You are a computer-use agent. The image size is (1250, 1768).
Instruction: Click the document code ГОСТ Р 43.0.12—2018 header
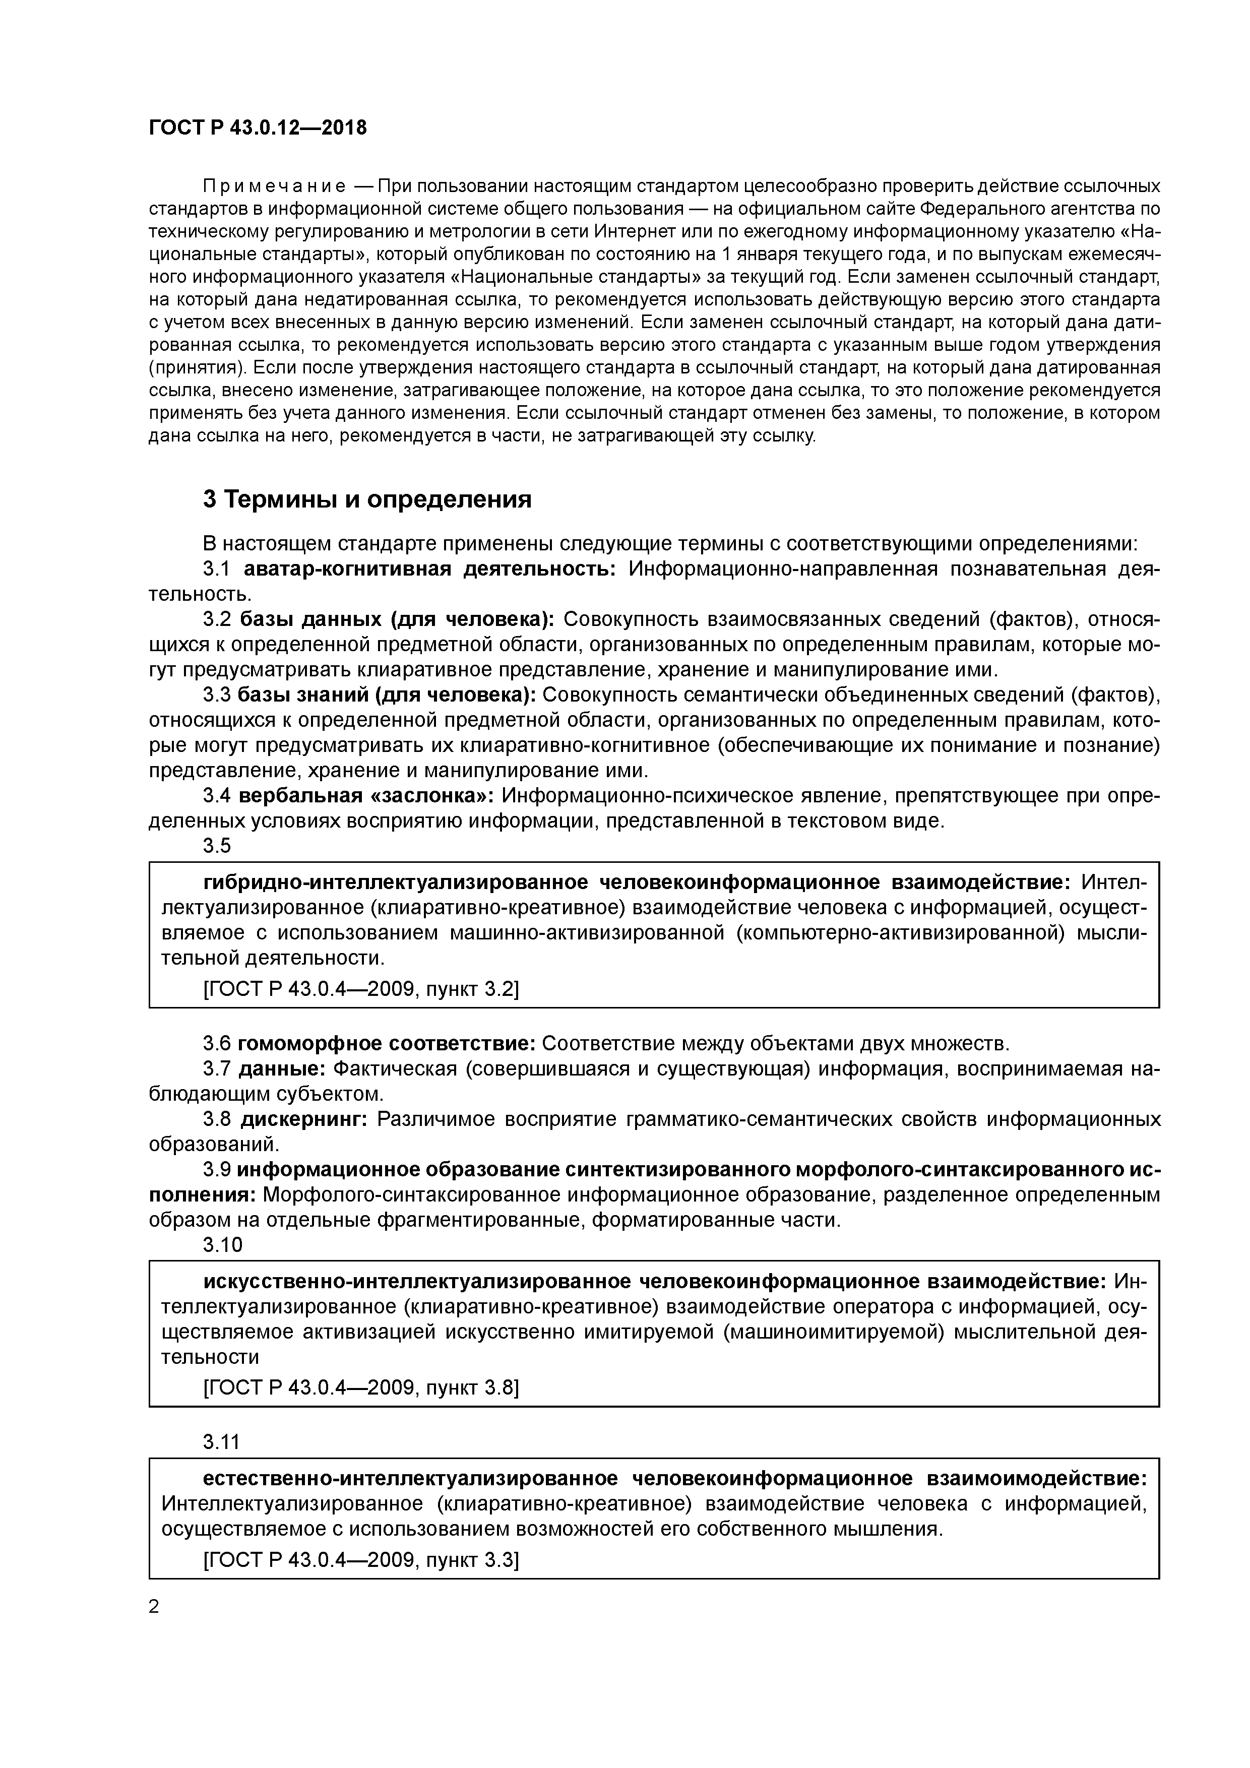click(x=257, y=129)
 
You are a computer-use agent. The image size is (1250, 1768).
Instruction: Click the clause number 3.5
click(x=216, y=846)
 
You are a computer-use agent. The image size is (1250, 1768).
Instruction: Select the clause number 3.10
click(x=222, y=1244)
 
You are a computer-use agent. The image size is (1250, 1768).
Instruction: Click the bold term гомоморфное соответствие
click(x=386, y=1043)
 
